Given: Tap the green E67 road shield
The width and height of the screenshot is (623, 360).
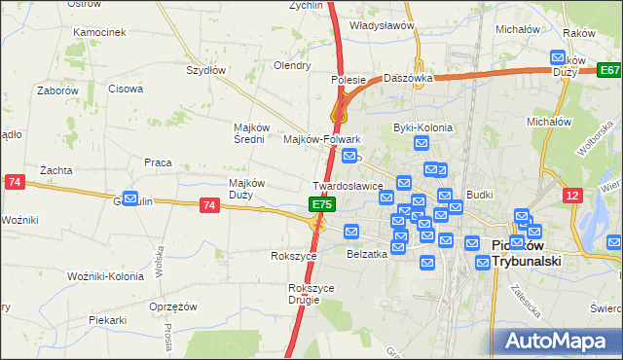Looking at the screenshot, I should point(609,70).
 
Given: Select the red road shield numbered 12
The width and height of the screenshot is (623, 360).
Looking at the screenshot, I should point(573,196).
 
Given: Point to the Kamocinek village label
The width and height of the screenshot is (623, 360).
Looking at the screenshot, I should point(99,32).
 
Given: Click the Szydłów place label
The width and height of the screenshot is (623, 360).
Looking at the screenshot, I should point(205,70).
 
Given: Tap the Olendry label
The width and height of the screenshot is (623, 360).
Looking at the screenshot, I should point(291,66).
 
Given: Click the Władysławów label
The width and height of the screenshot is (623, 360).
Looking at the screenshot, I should point(383,26).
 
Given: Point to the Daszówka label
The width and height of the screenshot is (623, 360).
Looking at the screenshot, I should point(407,77).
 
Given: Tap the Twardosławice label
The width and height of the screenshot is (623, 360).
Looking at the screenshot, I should point(347,185).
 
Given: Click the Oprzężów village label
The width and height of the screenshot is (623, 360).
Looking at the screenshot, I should point(173,306).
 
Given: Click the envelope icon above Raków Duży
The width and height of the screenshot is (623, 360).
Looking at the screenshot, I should point(558,57).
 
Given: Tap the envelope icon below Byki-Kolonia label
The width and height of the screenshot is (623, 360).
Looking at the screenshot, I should point(421,143).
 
